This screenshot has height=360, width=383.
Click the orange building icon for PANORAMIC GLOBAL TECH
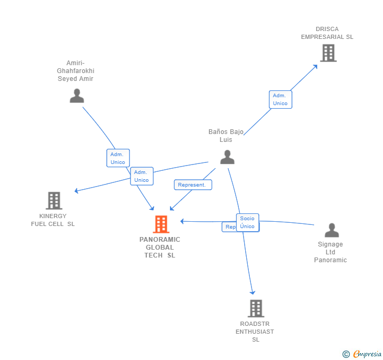(x=160, y=224)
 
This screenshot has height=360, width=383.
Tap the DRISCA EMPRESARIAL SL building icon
(x=328, y=53)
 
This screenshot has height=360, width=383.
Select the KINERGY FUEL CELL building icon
(x=54, y=201)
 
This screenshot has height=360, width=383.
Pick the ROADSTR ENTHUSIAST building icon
(x=256, y=308)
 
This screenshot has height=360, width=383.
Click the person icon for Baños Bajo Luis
(x=227, y=157)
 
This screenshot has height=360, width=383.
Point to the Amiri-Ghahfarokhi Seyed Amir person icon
(x=77, y=96)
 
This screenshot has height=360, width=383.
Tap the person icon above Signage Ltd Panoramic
(x=331, y=230)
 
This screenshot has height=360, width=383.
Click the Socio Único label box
(x=247, y=222)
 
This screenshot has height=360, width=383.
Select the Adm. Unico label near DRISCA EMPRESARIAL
(x=280, y=99)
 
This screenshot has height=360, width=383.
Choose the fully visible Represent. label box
(x=193, y=185)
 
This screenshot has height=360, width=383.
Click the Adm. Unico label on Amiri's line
(x=118, y=158)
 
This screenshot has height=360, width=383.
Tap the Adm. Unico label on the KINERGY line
(x=142, y=176)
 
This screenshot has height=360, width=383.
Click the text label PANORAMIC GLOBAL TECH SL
(x=160, y=248)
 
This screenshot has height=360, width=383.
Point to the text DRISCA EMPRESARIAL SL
(x=327, y=33)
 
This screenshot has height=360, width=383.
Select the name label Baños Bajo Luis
(x=226, y=136)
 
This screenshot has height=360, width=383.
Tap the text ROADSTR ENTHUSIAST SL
(x=255, y=332)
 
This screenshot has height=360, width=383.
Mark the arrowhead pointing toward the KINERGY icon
(x=77, y=191)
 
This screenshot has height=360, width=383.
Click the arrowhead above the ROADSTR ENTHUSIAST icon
(x=253, y=292)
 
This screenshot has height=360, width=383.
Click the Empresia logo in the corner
(x=362, y=354)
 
